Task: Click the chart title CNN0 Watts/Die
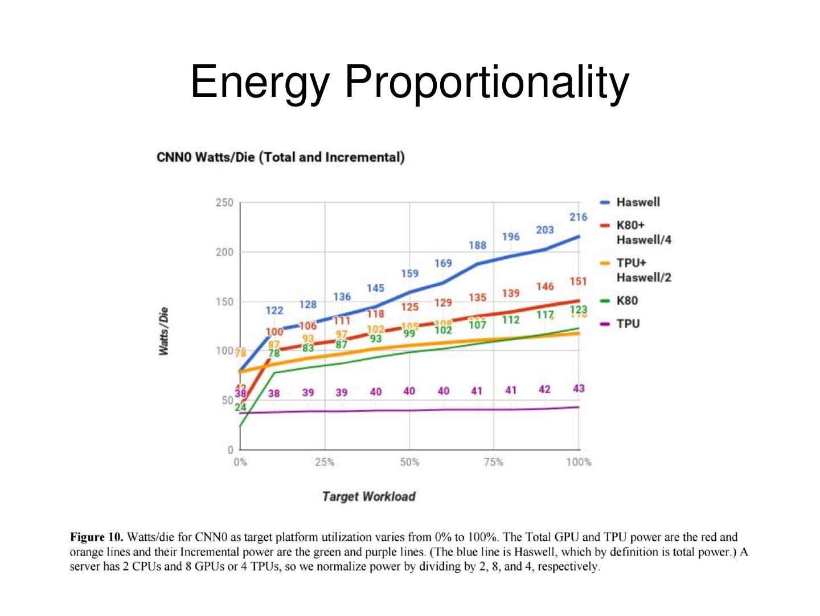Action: [x=280, y=157]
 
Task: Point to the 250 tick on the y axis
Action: [x=224, y=203]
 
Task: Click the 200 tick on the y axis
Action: [x=224, y=252]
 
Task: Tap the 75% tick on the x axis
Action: [x=493, y=462]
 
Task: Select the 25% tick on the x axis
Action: [x=325, y=462]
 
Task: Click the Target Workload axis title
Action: [x=368, y=496]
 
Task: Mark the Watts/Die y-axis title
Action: [x=164, y=331]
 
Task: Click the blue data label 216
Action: [x=578, y=217]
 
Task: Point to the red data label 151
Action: [x=578, y=282]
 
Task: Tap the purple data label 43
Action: [x=579, y=389]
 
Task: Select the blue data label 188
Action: [x=477, y=246]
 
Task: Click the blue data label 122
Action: [x=274, y=311]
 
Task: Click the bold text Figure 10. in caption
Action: [x=96, y=537]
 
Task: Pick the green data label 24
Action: [x=240, y=407]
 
